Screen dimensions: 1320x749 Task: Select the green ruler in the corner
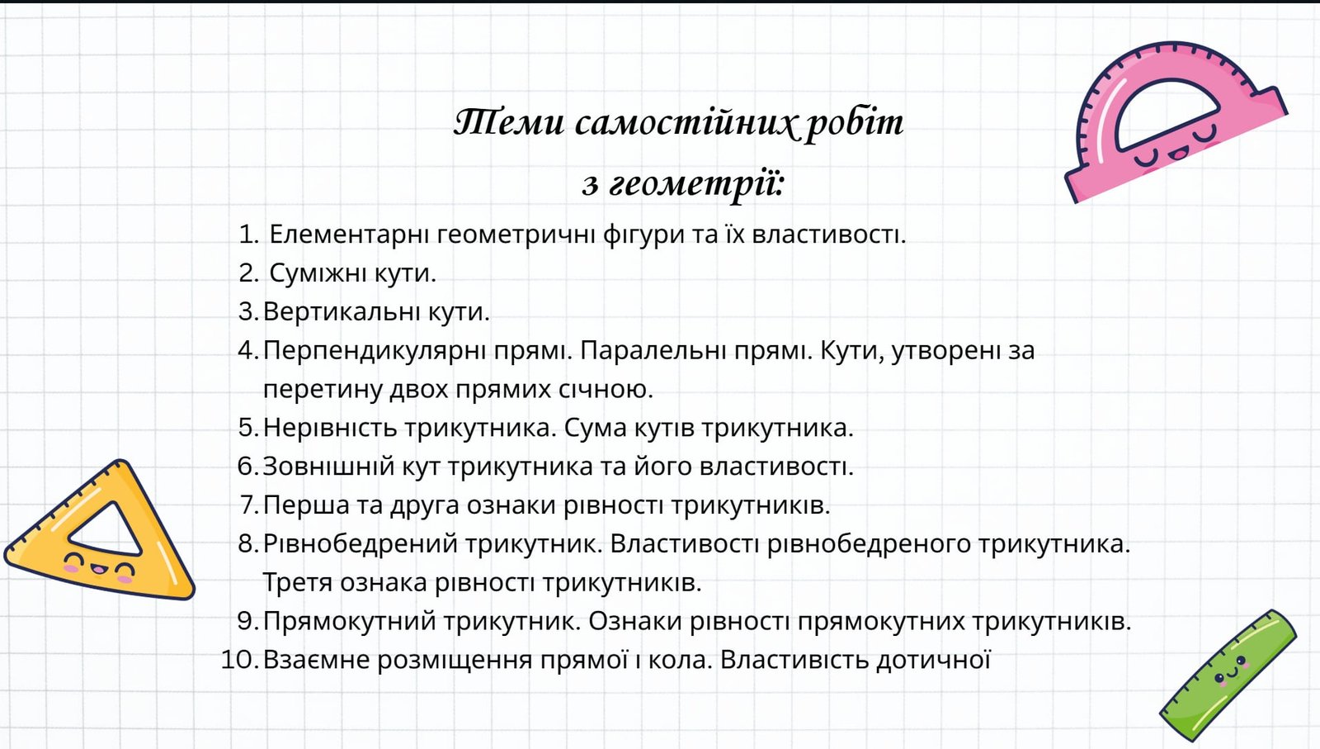click(1228, 676)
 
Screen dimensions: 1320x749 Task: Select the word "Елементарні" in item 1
click(350, 235)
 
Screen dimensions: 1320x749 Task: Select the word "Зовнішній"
click(328, 467)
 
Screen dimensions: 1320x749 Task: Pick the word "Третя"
click(297, 583)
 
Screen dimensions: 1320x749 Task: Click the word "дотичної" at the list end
click(933, 660)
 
